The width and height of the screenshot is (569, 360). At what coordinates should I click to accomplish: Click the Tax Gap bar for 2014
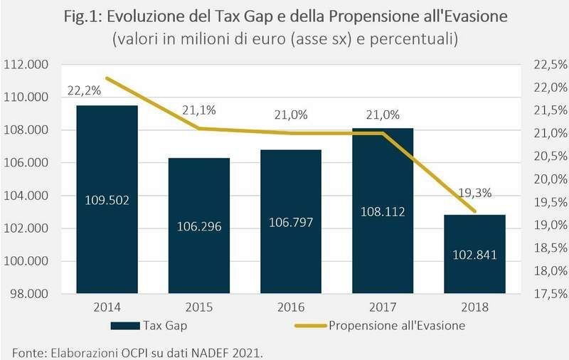point(107,199)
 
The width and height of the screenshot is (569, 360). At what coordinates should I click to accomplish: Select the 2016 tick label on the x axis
point(290,309)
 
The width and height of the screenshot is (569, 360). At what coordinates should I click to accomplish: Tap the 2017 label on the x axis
point(383,309)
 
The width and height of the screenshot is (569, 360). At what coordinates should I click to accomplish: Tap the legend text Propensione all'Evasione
point(398,327)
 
